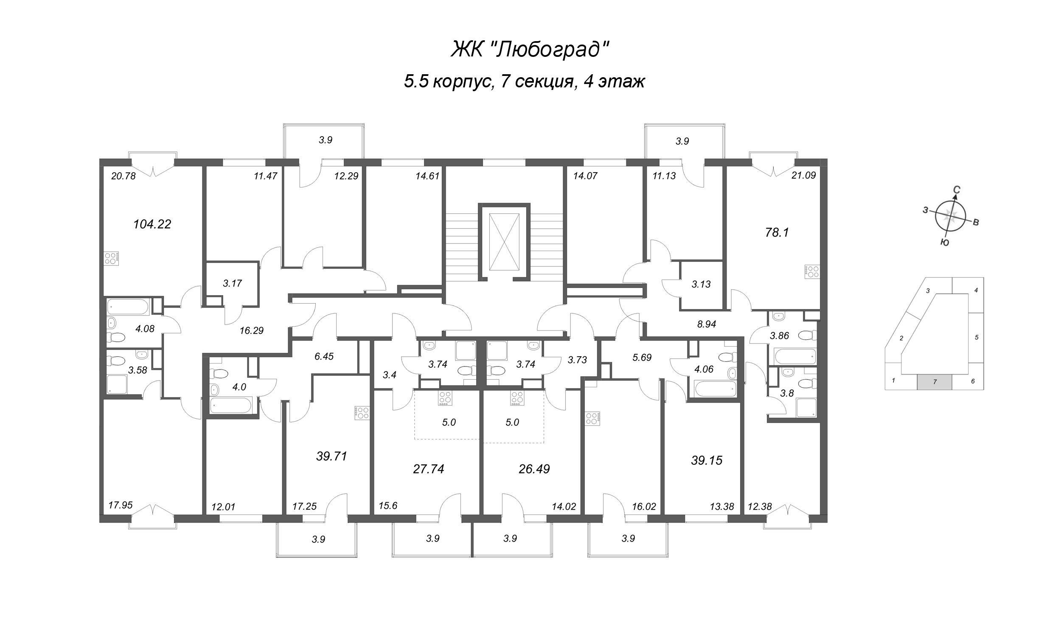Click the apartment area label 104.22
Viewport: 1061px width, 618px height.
[152, 224]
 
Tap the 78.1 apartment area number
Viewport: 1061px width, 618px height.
[777, 232]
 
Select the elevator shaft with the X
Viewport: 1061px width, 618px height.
[504, 241]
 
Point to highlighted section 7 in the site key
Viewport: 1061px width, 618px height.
[935, 382]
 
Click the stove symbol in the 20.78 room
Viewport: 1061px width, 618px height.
[112, 259]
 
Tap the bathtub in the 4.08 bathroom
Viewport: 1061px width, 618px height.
[128, 307]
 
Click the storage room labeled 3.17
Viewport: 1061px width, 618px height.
[232, 283]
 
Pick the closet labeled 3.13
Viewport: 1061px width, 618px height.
[701, 285]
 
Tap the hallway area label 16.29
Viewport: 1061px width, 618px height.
[252, 330]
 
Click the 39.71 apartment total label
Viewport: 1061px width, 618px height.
[331, 456]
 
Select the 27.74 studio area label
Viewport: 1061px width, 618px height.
[428, 469]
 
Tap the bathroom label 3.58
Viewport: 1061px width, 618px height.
[138, 370]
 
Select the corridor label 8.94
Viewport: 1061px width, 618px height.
[707, 324]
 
